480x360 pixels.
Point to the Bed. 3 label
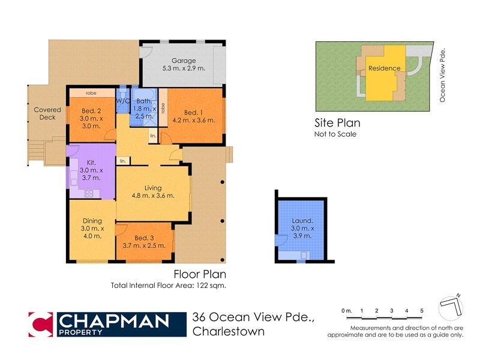pyautogui.click(x=143, y=238)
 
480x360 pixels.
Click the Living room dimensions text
pyautogui.click(x=153, y=196)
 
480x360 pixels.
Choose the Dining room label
pyautogui.click(x=92, y=221)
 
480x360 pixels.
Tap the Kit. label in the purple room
pyautogui.click(x=91, y=162)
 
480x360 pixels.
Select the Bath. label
pyautogui.click(x=145, y=101)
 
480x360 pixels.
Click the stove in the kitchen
pyautogui.click(x=89, y=193)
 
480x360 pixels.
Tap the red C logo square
pyautogui.click(x=42, y=324)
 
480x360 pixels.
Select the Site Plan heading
pyautogui.click(x=337, y=123)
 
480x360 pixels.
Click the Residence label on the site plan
pyautogui.click(x=384, y=68)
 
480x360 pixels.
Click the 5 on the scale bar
pyautogui.click(x=422, y=310)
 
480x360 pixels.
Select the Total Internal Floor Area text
pyautogui.click(x=168, y=286)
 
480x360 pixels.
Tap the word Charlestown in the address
pyautogui.click(x=229, y=331)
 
